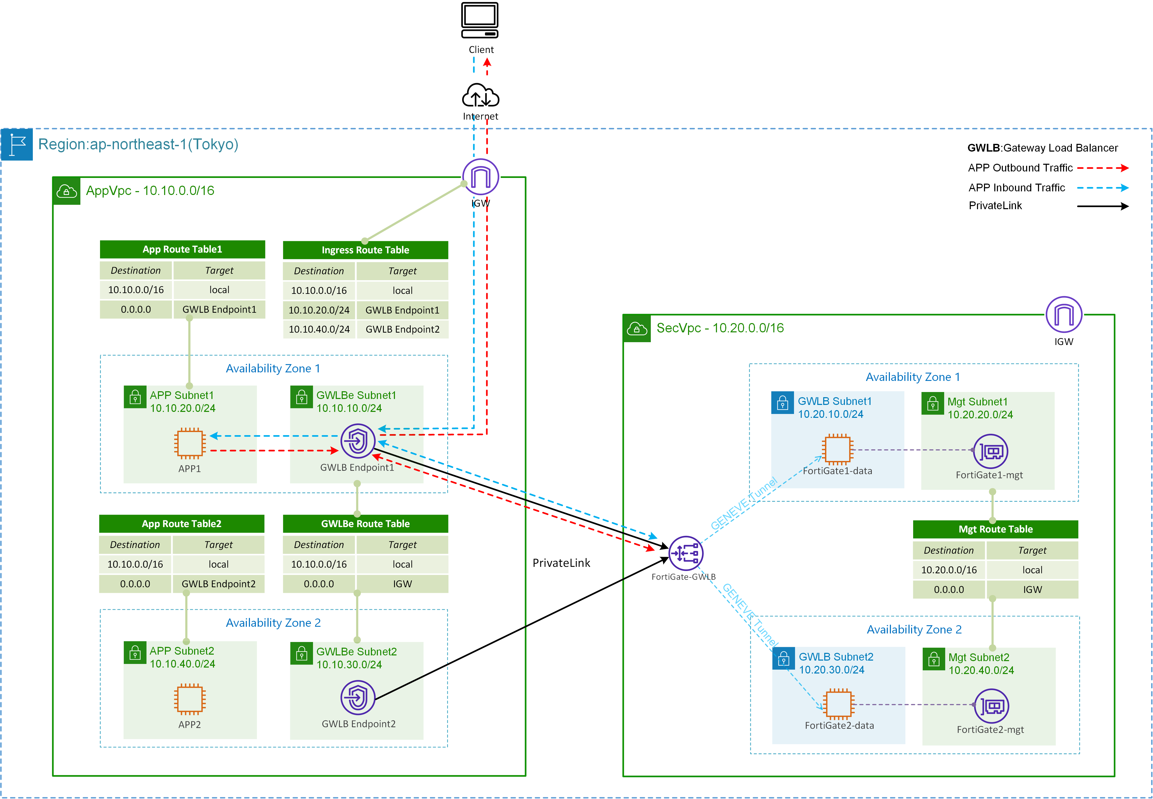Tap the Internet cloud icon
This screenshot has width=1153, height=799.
480,96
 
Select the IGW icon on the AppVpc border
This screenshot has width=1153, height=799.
480,177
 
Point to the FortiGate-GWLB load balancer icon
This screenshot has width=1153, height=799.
685,553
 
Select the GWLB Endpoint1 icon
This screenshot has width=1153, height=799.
358,441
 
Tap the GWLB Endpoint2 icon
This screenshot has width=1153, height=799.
358,697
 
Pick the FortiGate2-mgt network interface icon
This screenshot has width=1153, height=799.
991,706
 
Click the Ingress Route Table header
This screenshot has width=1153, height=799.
365,250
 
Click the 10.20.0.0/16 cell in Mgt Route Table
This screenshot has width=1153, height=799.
949,570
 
